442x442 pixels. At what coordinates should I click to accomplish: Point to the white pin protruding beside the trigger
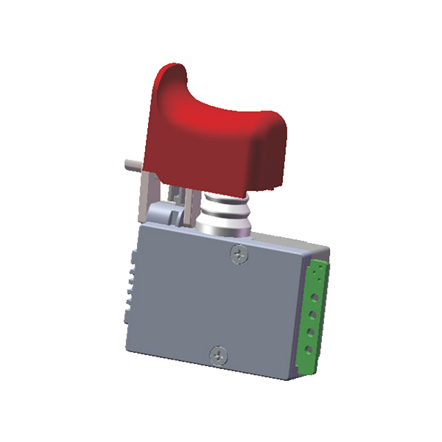130,160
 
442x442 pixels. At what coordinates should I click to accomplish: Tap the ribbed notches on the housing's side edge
131,287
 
